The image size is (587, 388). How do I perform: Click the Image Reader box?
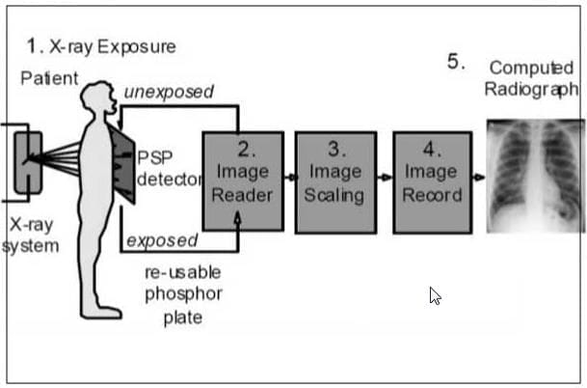243,181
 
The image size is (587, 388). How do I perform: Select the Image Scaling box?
334,181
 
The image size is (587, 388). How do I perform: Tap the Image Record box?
432,181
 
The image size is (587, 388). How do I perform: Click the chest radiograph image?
535,176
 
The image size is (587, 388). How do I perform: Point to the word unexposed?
169,93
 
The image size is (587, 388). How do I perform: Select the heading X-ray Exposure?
102,46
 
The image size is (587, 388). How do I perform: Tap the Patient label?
49,78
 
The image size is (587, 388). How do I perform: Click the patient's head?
97,97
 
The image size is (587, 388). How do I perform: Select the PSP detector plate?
122,166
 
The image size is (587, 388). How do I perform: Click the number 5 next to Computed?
456,62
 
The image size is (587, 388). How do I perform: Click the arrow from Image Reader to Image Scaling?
290,179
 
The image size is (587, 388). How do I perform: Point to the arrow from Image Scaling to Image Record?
385,179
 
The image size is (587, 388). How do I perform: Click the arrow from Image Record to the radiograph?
479,179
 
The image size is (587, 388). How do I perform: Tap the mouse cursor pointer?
435,295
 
